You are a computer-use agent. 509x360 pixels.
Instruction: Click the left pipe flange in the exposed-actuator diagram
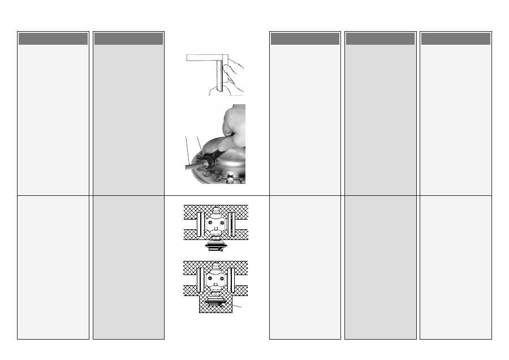pyautogui.click(x=200, y=225)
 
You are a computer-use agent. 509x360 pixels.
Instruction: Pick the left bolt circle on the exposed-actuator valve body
pyautogui.click(x=210, y=223)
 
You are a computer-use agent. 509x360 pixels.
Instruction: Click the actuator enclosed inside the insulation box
pyautogui.click(x=215, y=302)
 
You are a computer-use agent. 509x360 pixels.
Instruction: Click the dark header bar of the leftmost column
pyautogui.click(x=53, y=38)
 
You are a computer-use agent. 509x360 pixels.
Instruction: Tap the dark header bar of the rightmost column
pyautogui.click(x=455, y=38)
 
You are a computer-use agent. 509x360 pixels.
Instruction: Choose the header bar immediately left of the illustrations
pyautogui.click(x=128, y=38)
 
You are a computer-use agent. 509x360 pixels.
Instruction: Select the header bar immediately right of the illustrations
pyautogui.click(x=305, y=38)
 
